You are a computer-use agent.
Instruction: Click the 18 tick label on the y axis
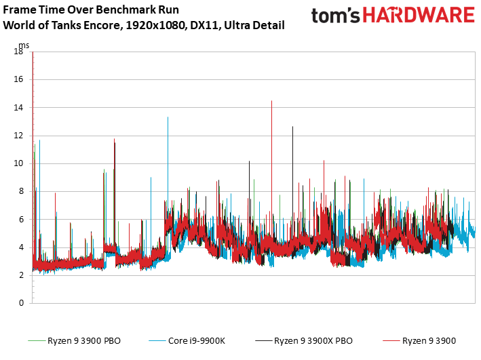pyautogui.click(x=18, y=52)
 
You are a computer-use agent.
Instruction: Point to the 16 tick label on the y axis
pyautogui.click(x=18, y=79)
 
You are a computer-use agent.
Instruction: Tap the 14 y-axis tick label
pyautogui.click(x=18, y=107)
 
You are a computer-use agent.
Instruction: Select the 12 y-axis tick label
pyautogui.click(x=18, y=135)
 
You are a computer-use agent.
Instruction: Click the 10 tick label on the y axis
pyautogui.click(x=18, y=163)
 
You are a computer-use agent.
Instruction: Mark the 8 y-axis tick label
pyautogui.click(x=21, y=191)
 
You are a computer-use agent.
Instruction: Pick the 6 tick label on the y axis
pyautogui.click(x=21, y=219)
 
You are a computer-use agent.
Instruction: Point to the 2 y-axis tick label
pyautogui.click(x=21, y=275)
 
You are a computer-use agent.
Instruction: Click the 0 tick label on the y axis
pyautogui.click(x=21, y=303)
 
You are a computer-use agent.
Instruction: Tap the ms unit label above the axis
pyautogui.click(x=24, y=45)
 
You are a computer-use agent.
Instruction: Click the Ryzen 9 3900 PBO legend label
pyautogui.click(x=84, y=341)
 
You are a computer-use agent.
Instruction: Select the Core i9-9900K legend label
pyautogui.click(x=197, y=341)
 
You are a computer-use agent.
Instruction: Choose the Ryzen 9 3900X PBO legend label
pyautogui.click(x=313, y=341)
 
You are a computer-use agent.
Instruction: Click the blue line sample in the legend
pyautogui.click(x=157, y=341)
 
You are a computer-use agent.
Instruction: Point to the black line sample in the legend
pyautogui.click(x=263, y=341)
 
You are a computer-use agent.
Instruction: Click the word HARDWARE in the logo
pyautogui.click(x=419, y=16)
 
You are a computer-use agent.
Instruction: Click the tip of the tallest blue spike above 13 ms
pyautogui.click(x=168, y=117)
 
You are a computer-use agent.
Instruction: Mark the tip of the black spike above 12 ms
pyautogui.click(x=292, y=126)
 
